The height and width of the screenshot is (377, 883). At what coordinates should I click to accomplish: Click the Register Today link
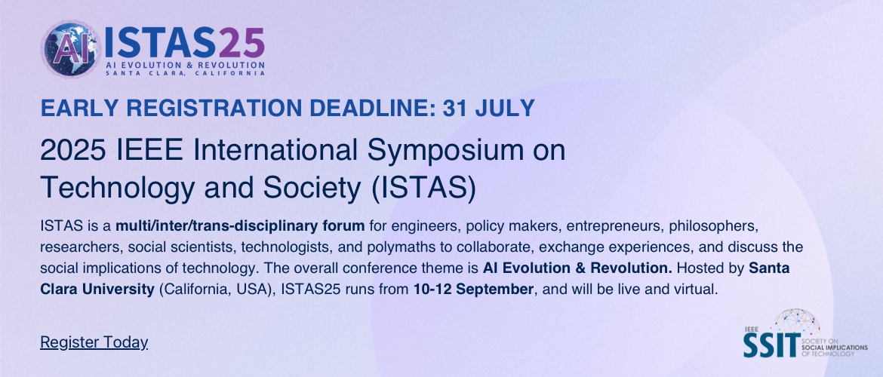click(x=94, y=342)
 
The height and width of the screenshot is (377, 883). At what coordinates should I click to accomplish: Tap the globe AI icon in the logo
click(x=72, y=50)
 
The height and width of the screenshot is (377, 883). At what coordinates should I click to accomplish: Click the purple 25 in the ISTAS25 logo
click(x=242, y=43)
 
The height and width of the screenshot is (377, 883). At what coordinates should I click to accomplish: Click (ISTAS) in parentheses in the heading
click(x=423, y=189)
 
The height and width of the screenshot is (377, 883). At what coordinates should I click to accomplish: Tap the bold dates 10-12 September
click(x=473, y=290)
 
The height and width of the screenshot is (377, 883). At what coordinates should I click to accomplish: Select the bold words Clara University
click(x=97, y=290)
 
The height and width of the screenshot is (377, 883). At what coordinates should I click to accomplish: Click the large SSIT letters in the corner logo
click(x=771, y=345)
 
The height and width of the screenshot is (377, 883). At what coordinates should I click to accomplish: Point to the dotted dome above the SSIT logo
click(x=795, y=322)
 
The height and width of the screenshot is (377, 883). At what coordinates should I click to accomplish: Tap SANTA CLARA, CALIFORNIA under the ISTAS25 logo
click(x=185, y=73)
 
